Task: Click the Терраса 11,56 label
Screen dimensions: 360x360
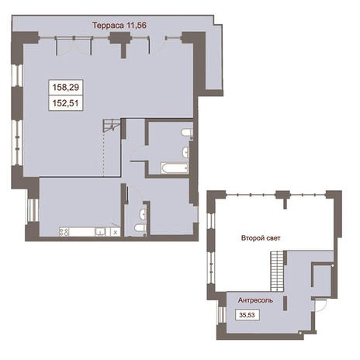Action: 119,26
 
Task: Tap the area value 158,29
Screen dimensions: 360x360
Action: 66,87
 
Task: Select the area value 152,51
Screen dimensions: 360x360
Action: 65,103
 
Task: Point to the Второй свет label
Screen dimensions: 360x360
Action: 261,238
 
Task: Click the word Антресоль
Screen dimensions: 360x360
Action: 255,300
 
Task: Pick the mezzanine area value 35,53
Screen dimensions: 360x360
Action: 247,315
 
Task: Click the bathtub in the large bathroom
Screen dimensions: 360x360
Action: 175,168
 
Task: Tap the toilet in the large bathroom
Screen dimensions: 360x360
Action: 186,133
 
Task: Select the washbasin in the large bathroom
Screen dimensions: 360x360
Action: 185,152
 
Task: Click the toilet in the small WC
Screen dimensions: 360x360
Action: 140,228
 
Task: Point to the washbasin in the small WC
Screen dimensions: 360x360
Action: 143,214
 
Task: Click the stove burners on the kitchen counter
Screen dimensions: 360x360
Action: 64,231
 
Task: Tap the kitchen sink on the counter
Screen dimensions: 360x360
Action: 100,232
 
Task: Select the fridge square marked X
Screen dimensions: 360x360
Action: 116,232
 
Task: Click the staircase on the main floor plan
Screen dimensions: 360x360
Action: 112,126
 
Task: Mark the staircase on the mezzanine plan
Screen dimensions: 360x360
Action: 277,272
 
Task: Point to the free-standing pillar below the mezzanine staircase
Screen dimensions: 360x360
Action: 286,303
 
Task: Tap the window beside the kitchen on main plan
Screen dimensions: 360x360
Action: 33,210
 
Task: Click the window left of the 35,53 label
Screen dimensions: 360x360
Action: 222,315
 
